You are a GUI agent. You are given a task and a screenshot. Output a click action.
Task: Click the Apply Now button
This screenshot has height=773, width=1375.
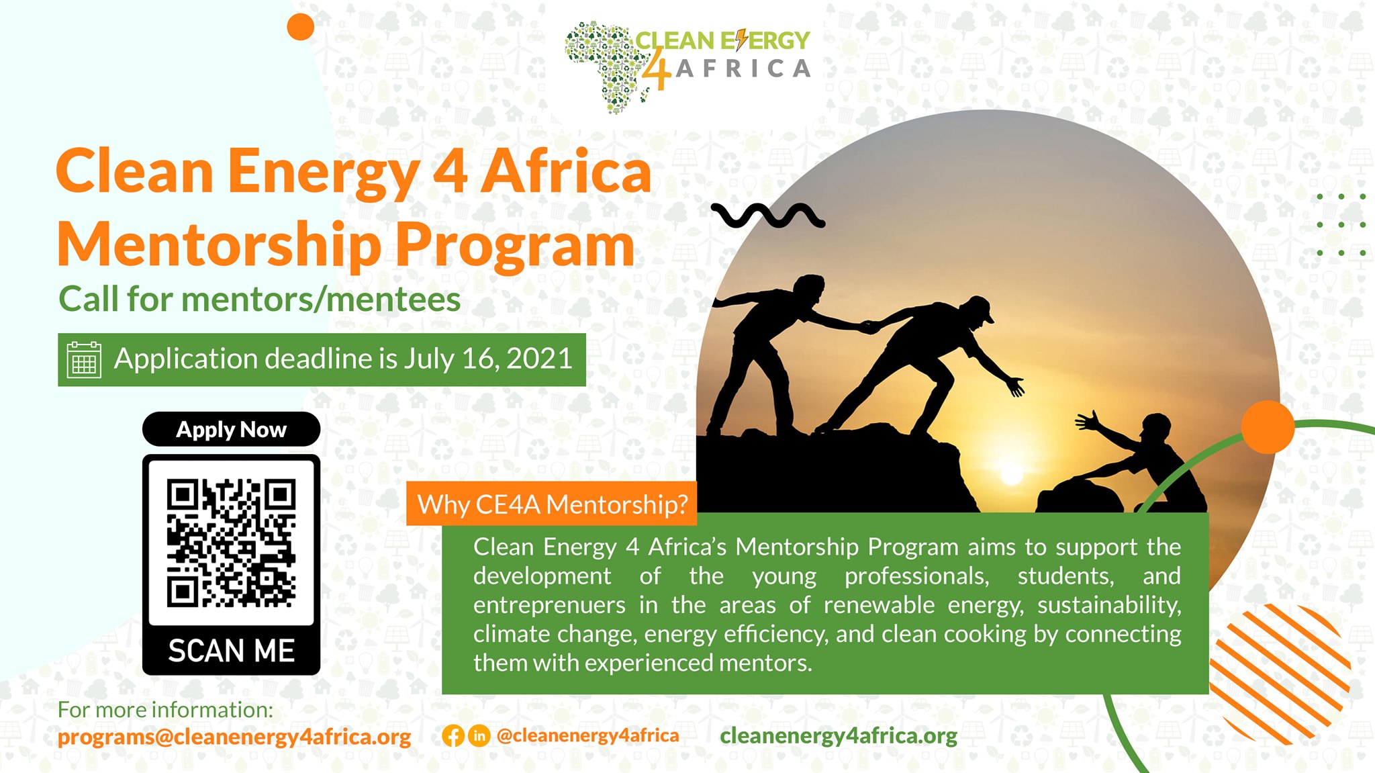pos(231,429)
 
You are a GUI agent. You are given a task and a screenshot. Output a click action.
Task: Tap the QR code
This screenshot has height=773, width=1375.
pos(231,542)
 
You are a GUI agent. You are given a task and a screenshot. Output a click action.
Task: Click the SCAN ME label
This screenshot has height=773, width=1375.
pos(231,651)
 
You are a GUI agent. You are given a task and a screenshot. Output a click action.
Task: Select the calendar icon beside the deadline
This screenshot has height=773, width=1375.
pos(84,360)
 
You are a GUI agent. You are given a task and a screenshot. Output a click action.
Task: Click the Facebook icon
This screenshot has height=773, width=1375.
pos(453,736)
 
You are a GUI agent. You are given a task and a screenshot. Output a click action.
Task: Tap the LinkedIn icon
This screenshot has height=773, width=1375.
pos(479,736)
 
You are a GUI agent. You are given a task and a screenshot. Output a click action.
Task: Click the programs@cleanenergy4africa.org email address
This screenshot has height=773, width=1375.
pos(234,737)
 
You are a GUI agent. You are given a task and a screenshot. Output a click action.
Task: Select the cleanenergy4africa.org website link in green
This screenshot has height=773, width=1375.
pos(839,736)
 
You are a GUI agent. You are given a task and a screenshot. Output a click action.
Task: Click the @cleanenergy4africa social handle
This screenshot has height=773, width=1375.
pos(587,736)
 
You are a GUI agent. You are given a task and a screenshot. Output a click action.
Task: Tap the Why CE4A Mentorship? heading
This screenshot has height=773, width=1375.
pos(552,504)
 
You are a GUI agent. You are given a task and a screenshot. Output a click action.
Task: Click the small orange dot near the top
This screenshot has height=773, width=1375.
pos(300,27)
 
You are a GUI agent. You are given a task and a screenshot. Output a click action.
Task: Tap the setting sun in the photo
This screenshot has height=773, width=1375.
pos(1011,475)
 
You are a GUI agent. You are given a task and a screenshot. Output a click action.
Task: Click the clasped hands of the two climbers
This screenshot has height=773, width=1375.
pos(869,327)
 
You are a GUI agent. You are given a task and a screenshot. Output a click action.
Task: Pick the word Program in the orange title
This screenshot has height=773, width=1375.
pos(514,245)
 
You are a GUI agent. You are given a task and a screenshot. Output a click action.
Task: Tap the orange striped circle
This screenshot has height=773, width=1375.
pos(1279,672)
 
